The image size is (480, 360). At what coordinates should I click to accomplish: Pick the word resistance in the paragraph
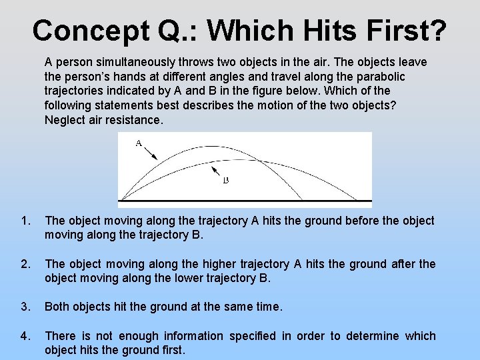pyautogui.click(x=137, y=120)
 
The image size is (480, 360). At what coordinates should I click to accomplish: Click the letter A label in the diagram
pyautogui.click(x=138, y=143)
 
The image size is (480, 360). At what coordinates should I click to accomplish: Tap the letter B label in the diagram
pyautogui.click(x=226, y=180)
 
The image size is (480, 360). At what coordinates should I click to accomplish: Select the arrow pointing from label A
pyautogui.click(x=150, y=152)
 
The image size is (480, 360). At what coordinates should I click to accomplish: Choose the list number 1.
pyautogui.click(x=25, y=221)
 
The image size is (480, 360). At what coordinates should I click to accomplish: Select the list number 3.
pyautogui.click(x=25, y=307)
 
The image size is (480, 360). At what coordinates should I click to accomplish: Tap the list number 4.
pyautogui.click(x=25, y=336)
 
